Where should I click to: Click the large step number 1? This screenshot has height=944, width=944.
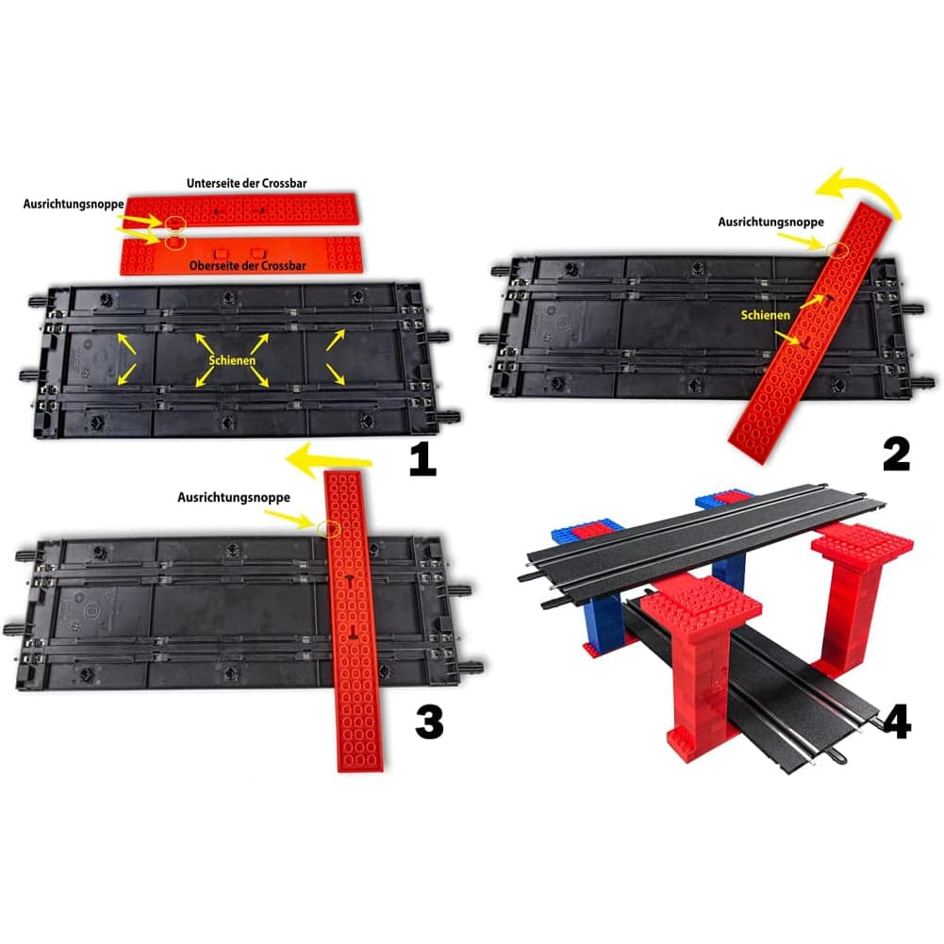pyautogui.click(x=422, y=459)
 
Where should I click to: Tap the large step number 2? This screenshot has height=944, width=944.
pyautogui.click(x=897, y=455)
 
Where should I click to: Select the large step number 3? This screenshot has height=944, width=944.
pyautogui.click(x=429, y=721)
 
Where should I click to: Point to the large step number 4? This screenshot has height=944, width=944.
pyautogui.click(x=896, y=721)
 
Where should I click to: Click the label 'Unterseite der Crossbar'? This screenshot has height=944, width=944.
pyautogui.click(x=247, y=183)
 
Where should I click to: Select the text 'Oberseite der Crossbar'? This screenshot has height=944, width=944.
pyautogui.click(x=247, y=266)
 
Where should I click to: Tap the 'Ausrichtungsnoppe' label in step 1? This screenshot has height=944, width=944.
pyautogui.click(x=74, y=204)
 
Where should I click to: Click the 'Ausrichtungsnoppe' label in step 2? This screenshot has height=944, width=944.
pyautogui.click(x=770, y=222)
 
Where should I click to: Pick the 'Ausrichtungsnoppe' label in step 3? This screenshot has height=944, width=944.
pyautogui.click(x=234, y=497)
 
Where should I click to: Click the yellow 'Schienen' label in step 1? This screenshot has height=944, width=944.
pyautogui.click(x=232, y=360)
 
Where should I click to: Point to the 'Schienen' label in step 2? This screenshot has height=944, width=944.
pyautogui.click(x=765, y=315)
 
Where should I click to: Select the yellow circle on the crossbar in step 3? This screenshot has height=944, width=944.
pyautogui.click(x=329, y=529)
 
